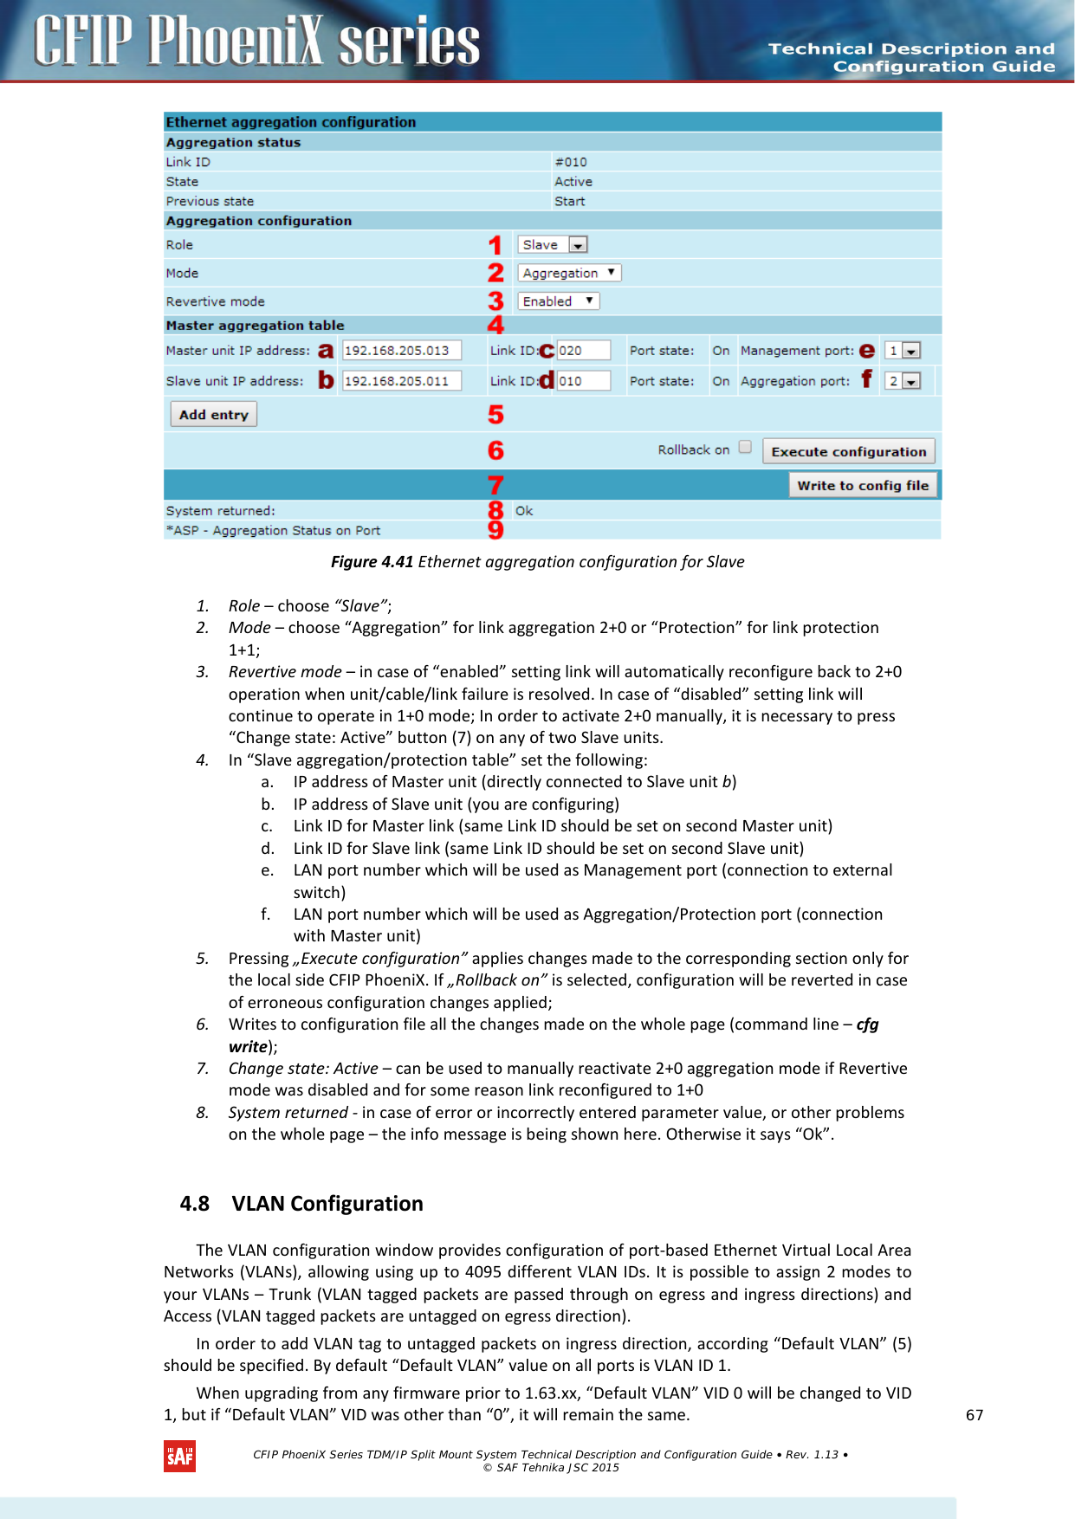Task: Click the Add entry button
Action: pos(213,415)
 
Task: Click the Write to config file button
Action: pos(862,486)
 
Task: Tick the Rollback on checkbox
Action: pos(745,448)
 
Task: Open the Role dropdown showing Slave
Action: pos(554,245)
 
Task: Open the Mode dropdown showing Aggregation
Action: pos(569,273)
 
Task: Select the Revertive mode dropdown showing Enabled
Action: pos(559,301)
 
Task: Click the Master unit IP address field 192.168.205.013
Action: pos(401,351)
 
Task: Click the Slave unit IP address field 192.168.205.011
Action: pos(401,381)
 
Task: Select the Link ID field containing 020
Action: pos(582,351)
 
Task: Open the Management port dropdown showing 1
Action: pos(903,351)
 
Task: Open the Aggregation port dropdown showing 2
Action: pos(903,381)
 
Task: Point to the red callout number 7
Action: pos(495,485)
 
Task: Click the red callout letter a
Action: pos(326,351)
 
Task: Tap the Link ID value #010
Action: pos(571,162)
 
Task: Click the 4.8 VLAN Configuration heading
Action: pos(301,1204)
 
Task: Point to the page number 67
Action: pos(975,1415)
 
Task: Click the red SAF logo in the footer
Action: pos(179,1457)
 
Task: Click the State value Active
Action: pos(573,182)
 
